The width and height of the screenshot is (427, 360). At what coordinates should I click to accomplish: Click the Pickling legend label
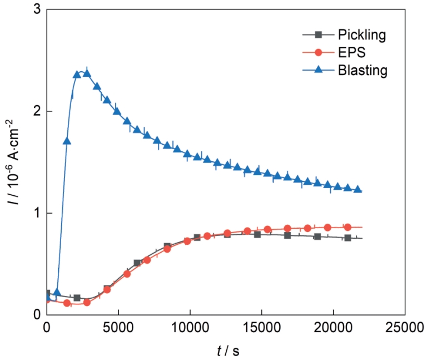pyautogui.click(x=362, y=34)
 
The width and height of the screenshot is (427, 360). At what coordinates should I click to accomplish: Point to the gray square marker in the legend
pyautogui.click(x=318, y=34)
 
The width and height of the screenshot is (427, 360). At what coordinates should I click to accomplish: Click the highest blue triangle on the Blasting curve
pyautogui.click(x=86, y=73)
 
